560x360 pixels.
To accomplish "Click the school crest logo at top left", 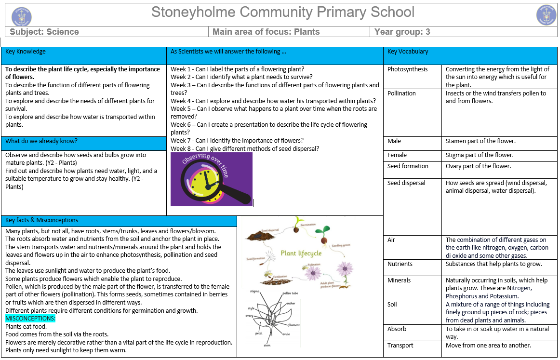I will click(x=22, y=15).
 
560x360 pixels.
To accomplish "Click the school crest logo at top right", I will click(x=546, y=15).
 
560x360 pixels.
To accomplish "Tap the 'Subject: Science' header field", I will click(x=44, y=32).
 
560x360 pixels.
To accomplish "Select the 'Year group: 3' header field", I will click(x=402, y=32).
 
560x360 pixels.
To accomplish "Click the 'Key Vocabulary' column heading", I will click(x=408, y=52).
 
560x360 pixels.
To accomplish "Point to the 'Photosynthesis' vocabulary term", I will click(x=407, y=69).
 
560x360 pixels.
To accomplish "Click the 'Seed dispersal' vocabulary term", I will click(x=406, y=183).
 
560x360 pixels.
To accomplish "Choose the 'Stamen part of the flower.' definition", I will click(x=480, y=141).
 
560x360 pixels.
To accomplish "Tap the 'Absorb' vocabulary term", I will click(x=397, y=329).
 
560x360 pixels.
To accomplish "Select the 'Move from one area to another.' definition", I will click(x=488, y=346).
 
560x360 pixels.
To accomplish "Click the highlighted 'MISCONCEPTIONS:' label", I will click(x=30, y=319).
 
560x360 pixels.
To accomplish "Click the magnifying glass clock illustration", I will click(x=212, y=179).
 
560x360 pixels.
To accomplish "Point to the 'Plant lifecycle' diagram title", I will click(x=301, y=253).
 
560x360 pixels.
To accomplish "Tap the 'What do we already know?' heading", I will click(x=41, y=141).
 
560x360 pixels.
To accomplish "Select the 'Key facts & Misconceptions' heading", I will click(x=41, y=220).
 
